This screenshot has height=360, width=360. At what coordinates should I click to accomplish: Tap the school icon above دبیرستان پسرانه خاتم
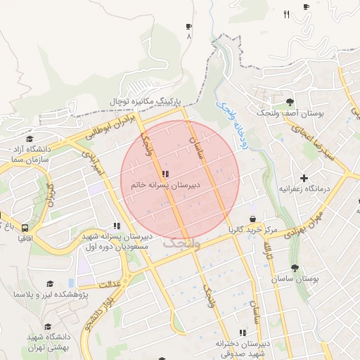coord(165,174)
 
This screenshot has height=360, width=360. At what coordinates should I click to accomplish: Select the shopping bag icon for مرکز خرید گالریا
coord(252,219)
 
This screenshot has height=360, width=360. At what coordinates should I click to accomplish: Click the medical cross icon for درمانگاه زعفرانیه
coord(304,179)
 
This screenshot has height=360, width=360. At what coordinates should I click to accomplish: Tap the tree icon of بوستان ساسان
coord(295,268)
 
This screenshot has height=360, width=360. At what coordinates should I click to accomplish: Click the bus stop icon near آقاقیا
coord(25,228)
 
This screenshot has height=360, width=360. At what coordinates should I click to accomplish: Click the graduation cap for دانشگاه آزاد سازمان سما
coord(30,139)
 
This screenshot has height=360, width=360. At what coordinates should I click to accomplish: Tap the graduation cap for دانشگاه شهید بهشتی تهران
coord(49,327)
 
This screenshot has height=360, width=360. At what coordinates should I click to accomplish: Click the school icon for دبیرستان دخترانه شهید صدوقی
coord(243,332)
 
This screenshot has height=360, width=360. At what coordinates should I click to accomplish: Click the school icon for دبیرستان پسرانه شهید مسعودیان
coord(116,226)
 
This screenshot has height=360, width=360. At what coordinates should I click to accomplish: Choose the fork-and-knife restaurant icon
coord(286,14)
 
